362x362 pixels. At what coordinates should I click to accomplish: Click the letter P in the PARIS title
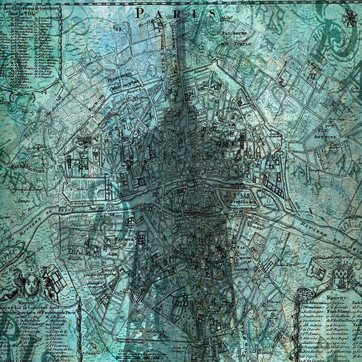(140, 12)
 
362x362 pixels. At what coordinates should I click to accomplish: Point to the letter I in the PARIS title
(194, 12)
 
